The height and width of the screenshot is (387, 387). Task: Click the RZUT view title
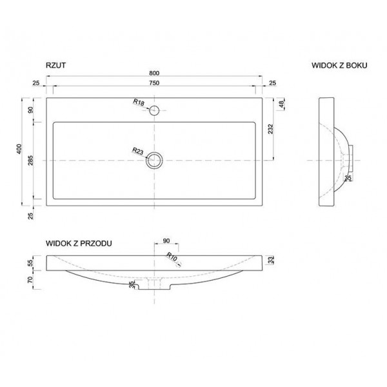55,65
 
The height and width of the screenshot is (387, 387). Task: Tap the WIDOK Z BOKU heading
339,65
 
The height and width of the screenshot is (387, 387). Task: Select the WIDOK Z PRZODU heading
79,243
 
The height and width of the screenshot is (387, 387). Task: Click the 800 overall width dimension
154,74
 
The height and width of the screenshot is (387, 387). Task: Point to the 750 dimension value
154,83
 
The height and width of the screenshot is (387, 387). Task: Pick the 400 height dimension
19,149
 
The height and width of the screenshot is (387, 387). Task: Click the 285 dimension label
30,161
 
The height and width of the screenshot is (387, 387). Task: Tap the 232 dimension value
271,129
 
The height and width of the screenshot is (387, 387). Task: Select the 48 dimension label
282,104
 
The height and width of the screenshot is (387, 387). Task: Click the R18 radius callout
139,102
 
